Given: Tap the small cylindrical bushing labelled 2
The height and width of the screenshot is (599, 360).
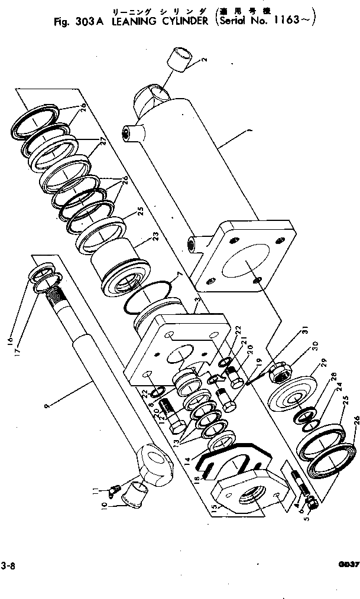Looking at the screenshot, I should point(180,59).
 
